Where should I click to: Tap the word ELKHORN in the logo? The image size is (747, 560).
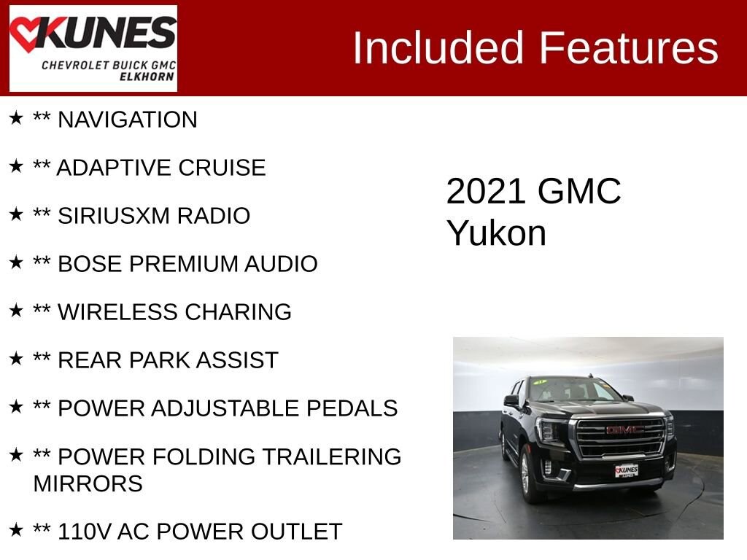[x=147, y=77]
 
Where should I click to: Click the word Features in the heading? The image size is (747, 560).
[x=628, y=47]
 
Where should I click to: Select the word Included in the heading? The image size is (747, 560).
[x=438, y=47]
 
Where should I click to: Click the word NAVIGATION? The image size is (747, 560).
[x=127, y=120]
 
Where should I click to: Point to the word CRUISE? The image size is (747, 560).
[x=222, y=168]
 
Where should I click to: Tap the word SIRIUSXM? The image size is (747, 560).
[x=113, y=216]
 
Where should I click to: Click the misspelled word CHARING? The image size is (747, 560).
[x=239, y=312]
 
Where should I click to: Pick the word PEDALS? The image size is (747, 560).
[x=352, y=408]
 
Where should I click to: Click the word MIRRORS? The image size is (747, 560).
[x=88, y=484]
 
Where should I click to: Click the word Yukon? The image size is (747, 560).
[x=496, y=233]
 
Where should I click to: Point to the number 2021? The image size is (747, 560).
[x=487, y=192]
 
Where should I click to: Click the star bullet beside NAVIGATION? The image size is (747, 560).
[x=16, y=117]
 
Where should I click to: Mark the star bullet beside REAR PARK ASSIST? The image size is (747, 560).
[x=16, y=358]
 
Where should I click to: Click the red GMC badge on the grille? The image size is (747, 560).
[x=624, y=430]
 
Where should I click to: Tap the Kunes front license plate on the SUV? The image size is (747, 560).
[x=627, y=470]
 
